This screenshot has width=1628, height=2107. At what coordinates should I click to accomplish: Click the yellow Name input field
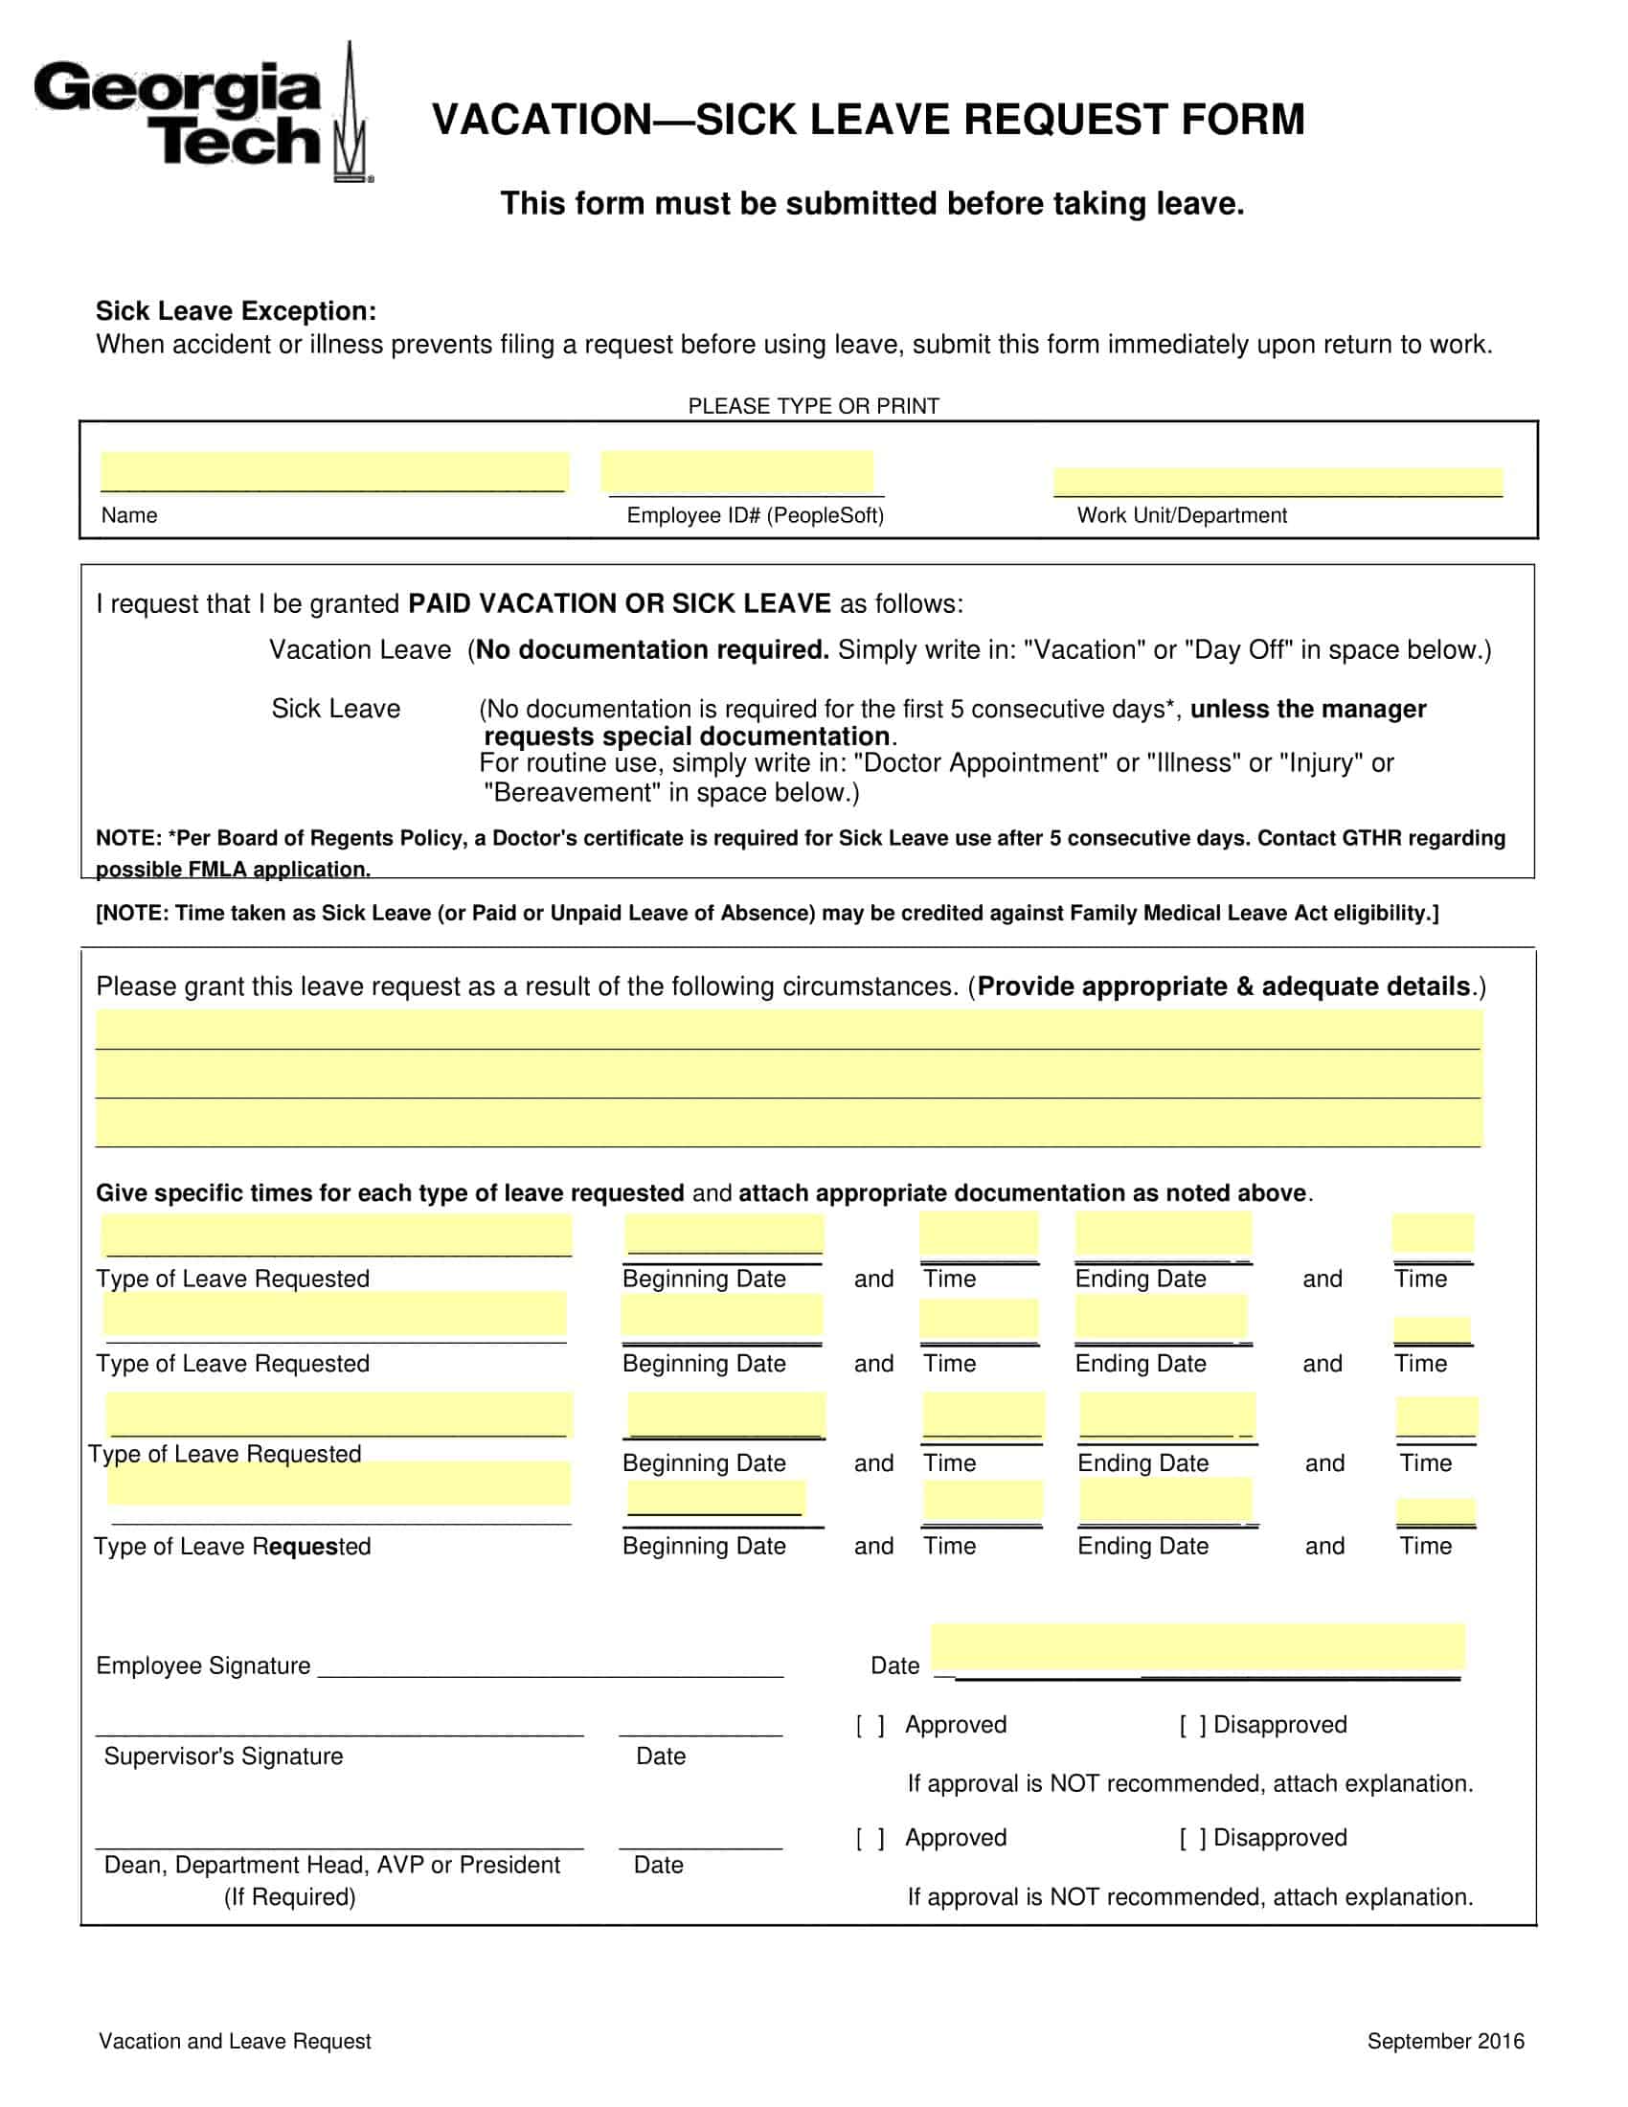(x=333, y=472)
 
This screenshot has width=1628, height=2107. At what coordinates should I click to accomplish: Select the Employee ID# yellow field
(x=736, y=472)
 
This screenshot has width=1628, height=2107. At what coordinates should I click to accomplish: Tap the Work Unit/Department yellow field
(x=1277, y=482)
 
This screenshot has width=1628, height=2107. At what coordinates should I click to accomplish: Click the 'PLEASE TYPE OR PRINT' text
(x=813, y=406)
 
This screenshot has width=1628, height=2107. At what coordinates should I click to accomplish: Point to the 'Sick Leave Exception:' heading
(x=236, y=310)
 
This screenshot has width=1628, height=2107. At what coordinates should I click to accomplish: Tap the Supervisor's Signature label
(x=223, y=1756)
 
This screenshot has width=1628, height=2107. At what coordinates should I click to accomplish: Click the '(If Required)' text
(x=289, y=1896)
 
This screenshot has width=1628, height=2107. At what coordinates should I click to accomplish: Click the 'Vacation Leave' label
(x=360, y=649)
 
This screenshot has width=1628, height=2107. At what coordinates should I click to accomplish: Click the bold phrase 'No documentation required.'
(x=652, y=649)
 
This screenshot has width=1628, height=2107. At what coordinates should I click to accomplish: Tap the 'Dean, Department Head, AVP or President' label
(x=330, y=1865)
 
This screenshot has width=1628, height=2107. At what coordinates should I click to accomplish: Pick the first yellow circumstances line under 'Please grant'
(x=788, y=1029)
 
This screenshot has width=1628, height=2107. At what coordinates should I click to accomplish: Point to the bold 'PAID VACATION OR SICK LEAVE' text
(x=620, y=604)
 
